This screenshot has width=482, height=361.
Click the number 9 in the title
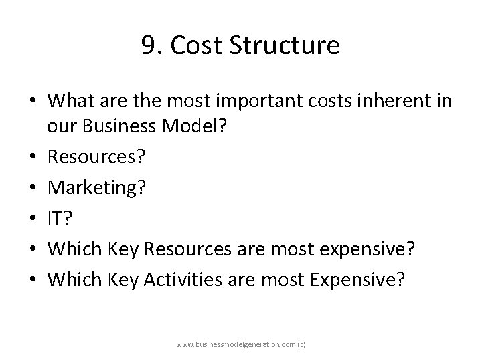point(149,46)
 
